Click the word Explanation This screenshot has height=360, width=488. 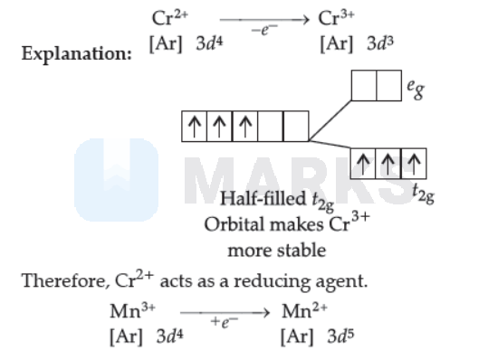tap(77, 53)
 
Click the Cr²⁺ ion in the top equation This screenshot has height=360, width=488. tap(170, 17)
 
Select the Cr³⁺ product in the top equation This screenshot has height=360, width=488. tap(336, 17)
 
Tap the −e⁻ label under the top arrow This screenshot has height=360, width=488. tap(264, 30)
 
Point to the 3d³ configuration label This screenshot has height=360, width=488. tap(380, 43)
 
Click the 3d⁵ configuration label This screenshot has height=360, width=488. tap(340, 336)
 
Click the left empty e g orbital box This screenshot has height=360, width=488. tap(364, 86)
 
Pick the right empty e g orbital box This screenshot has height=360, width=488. tap(389, 86)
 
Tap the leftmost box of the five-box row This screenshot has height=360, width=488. tap(194, 127)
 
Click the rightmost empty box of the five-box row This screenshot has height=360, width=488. tap(296, 127)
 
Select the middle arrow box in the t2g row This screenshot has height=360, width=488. tap(388, 164)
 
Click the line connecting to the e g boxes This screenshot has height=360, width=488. tap(330, 120)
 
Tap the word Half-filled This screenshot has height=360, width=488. tap(263, 198)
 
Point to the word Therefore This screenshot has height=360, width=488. tap(66, 280)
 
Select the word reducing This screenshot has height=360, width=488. tap(272, 281)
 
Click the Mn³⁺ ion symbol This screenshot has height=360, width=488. tap(132, 310)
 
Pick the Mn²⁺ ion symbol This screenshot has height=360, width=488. tap(304, 310)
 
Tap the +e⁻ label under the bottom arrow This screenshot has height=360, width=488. tap(225, 322)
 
